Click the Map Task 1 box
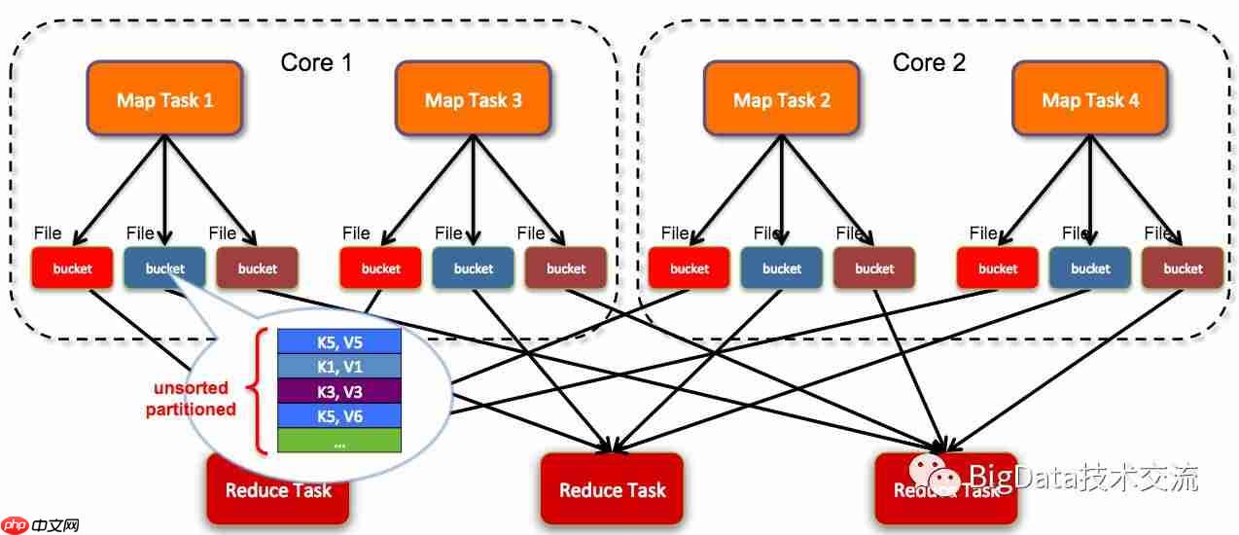tap(164, 100)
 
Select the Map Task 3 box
tap(473, 100)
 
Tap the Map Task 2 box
tap(782, 100)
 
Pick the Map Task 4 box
tap(1090, 100)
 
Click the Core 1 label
tap(316, 63)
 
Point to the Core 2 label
tap(929, 63)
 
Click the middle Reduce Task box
tap(612, 489)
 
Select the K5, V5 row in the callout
tap(339, 341)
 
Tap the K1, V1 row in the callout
tap(339, 366)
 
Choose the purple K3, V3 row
tap(339, 391)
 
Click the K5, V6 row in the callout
tap(339, 415)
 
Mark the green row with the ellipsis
tap(339, 440)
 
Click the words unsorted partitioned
tap(191, 399)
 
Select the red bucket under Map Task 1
tap(72, 268)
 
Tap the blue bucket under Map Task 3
tap(473, 268)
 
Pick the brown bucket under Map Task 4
tap(1183, 268)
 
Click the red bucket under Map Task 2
tap(690, 268)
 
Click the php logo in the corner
tap(16, 525)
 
